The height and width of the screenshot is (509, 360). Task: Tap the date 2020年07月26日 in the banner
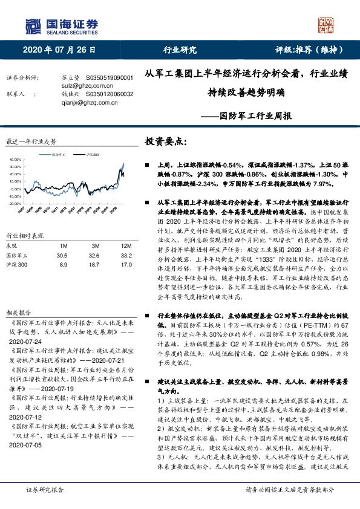pyautogui.click(x=59, y=50)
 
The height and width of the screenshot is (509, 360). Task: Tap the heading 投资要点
pyautogui.click(x=166, y=141)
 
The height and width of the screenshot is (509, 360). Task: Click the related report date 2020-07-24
pyautogui.click(x=25, y=342)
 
